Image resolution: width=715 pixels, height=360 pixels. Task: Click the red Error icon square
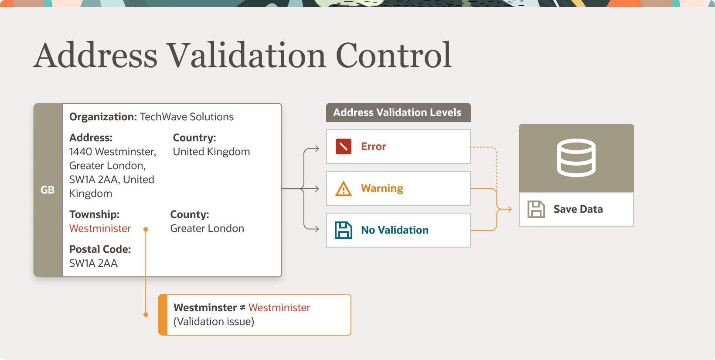click(344, 146)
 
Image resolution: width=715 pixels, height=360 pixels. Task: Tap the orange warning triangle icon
click(344, 189)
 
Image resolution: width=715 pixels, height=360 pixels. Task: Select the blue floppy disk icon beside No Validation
click(344, 230)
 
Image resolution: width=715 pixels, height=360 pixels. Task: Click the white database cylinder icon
click(576, 158)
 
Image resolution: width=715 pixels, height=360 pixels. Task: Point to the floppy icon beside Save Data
click(536, 209)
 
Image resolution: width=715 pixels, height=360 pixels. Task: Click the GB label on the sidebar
click(48, 190)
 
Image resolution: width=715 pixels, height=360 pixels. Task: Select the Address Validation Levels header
click(398, 112)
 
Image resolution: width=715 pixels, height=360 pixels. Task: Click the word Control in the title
click(393, 56)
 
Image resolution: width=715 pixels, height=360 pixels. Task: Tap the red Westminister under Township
click(100, 228)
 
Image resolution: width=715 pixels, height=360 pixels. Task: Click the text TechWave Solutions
click(187, 117)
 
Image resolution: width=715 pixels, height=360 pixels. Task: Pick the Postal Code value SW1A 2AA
click(93, 263)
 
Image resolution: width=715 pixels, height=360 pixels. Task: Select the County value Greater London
click(207, 228)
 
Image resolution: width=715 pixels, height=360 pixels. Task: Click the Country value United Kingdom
click(211, 152)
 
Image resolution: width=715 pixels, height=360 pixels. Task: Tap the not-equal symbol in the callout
click(243, 308)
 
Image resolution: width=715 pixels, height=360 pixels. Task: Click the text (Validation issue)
click(214, 322)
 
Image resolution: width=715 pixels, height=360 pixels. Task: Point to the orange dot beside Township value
click(146, 229)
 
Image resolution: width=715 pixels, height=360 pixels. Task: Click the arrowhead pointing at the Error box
click(317, 149)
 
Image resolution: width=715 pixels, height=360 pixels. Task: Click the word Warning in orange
click(382, 188)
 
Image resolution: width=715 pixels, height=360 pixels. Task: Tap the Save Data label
click(578, 209)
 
